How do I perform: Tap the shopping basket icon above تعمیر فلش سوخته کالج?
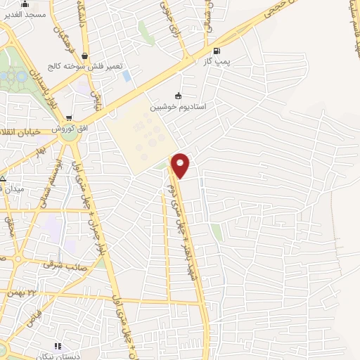pos(85,56)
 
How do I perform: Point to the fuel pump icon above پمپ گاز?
pos(216,51)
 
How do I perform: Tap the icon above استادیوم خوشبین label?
pos(178,96)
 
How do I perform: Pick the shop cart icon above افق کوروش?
pos(68,118)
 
